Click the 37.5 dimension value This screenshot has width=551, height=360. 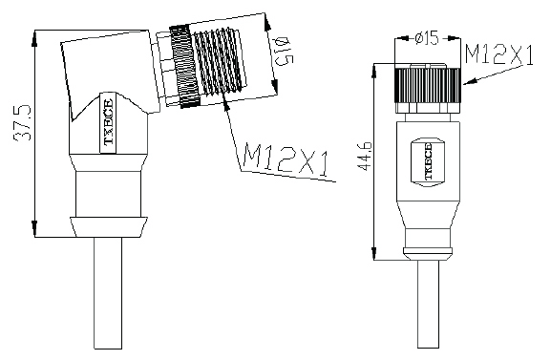coord(22,122)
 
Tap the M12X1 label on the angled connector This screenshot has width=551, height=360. coord(286,159)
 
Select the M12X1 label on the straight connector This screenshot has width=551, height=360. coord(499,54)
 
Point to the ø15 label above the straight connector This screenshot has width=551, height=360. coord(427,38)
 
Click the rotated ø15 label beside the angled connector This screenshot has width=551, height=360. coord(284,52)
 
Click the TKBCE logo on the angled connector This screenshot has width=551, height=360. coord(109,122)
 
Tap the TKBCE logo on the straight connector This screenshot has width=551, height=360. coord(428,161)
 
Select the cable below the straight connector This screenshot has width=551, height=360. coord(429,305)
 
